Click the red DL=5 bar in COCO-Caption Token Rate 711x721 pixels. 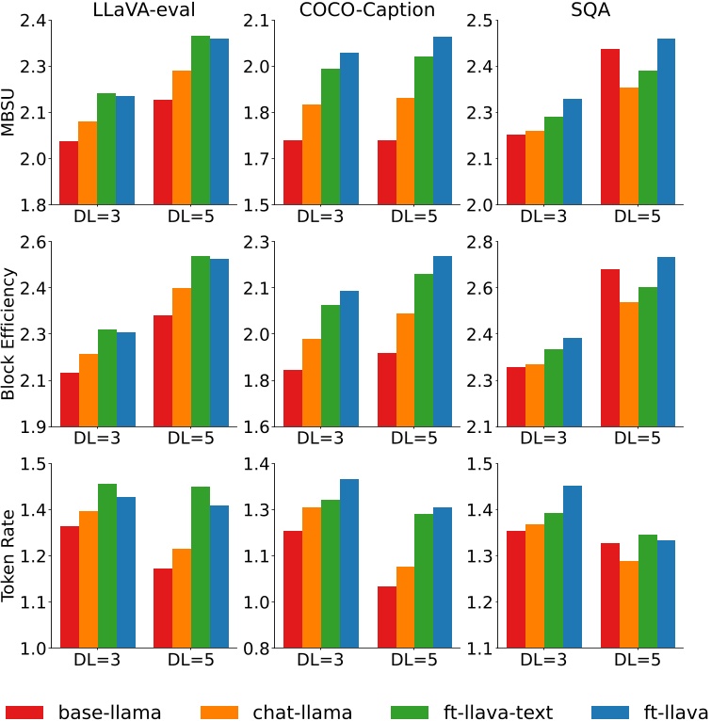386,617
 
